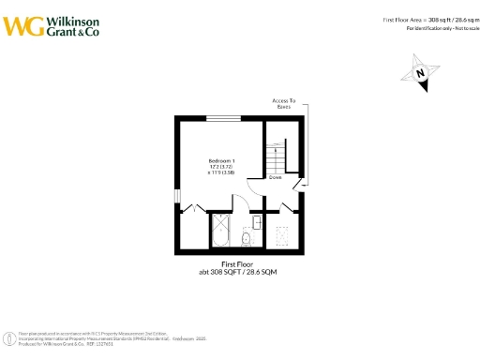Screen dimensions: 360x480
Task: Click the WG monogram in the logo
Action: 22,26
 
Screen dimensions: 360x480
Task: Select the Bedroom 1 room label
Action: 221,160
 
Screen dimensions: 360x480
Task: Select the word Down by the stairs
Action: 276,177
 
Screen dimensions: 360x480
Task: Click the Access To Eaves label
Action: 283,104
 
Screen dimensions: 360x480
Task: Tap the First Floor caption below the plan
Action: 237,264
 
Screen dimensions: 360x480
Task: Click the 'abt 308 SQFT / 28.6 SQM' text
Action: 237,272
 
